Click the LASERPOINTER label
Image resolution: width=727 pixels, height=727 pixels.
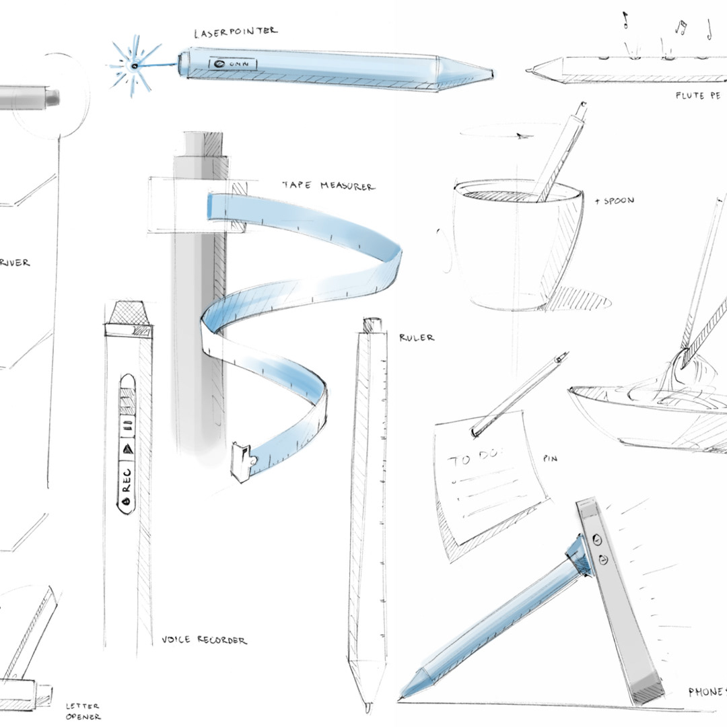click(235, 32)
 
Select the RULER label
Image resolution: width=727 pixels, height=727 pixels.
click(417, 337)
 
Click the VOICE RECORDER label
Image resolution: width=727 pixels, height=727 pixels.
click(204, 640)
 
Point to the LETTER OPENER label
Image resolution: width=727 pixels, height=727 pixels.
click(82, 711)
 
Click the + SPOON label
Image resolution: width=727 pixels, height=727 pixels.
click(615, 201)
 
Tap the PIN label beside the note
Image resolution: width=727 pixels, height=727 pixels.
click(549, 458)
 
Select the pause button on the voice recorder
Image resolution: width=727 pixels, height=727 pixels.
click(127, 426)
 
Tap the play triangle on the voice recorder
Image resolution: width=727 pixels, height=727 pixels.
click(127, 448)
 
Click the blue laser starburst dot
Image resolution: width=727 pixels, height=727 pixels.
click(135, 65)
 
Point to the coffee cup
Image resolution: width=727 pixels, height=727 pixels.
click(512, 242)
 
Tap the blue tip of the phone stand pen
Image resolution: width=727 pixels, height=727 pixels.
click(413, 681)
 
